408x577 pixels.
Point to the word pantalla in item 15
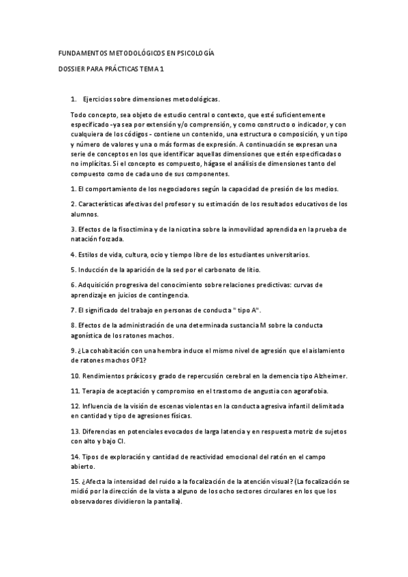(165, 501)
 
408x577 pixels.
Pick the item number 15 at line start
(74, 481)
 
